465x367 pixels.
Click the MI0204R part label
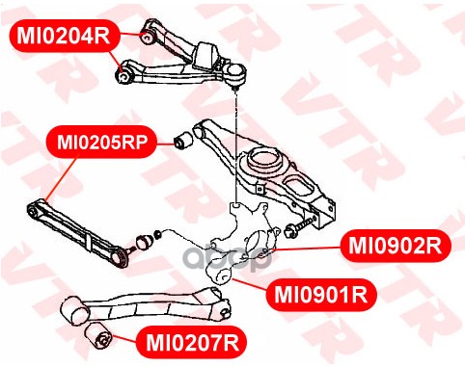(x=64, y=36)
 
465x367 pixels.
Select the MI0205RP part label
(x=102, y=142)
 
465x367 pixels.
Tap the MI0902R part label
(x=396, y=246)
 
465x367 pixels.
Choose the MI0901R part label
(x=320, y=295)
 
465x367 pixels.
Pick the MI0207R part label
(x=192, y=343)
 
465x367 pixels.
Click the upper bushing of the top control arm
(x=148, y=37)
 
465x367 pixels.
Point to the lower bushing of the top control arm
(x=123, y=75)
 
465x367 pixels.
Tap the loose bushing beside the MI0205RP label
(x=183, y=140)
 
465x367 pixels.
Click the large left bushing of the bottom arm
(x=75, y=310)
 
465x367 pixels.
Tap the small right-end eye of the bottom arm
(x=225, y=311)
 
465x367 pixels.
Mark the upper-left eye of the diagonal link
(x=33, y=210)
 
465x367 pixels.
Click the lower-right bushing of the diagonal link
(x=123, y=258)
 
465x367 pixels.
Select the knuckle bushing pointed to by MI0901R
(x=223, y=275)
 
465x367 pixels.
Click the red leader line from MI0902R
(x=306, y=249)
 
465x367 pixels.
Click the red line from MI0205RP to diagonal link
(x=62, y=178)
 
